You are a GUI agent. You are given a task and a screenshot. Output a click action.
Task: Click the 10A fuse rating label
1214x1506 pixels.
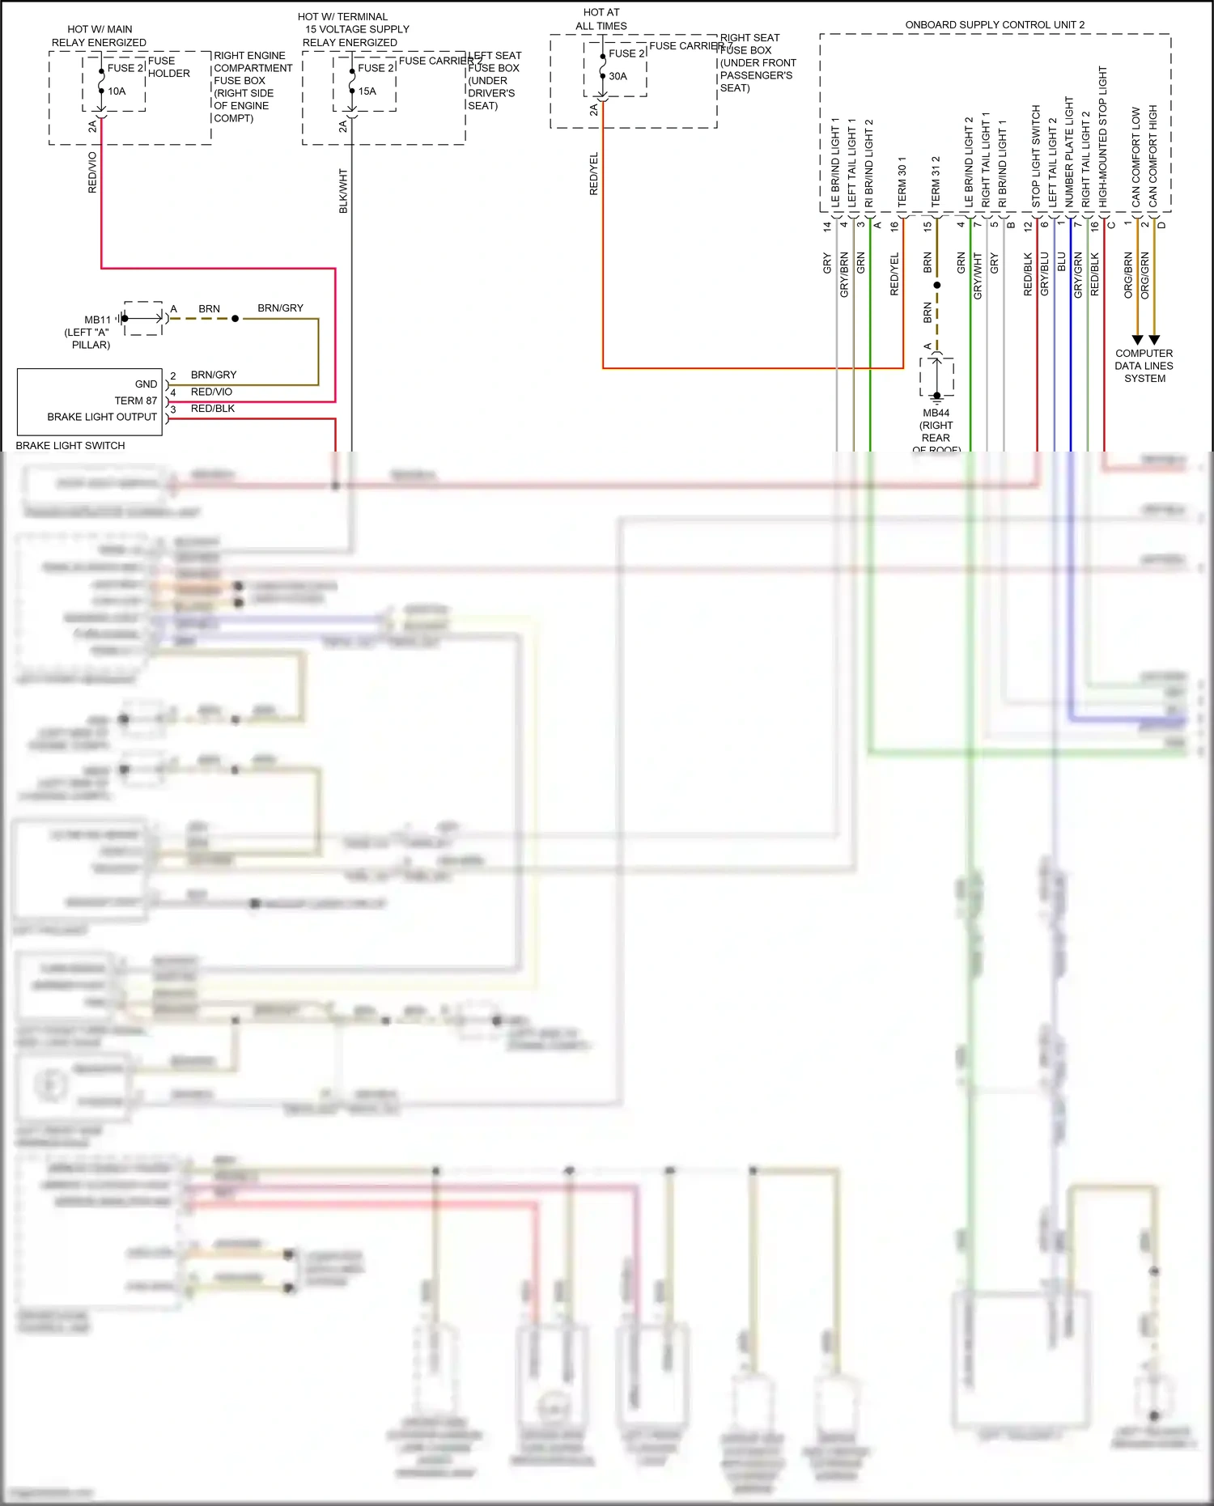point(117,91)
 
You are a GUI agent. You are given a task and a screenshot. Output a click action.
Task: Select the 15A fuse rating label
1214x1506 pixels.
point(367,91)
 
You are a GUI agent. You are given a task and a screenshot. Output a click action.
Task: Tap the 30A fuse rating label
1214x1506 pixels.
point(618,77)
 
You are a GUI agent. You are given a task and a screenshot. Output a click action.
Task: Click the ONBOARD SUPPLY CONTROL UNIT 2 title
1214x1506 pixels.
point(995,25)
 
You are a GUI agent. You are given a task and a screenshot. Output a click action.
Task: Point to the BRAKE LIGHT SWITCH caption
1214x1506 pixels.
point(70,446)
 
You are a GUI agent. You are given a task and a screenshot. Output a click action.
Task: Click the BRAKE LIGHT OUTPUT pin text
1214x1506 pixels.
point(102,418)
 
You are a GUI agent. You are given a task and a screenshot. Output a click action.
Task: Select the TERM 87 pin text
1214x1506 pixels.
point(136,401)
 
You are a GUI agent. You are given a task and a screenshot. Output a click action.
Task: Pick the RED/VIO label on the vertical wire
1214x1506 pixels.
point(92,172)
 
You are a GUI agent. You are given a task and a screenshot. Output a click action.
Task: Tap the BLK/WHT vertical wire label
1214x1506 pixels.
point(343,192)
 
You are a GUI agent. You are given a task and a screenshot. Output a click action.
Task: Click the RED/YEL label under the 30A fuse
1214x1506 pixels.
point(594,174)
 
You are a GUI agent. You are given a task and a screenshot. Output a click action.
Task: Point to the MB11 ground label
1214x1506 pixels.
point(97,320)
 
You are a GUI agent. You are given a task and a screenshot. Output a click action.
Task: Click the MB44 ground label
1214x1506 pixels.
point(936,414)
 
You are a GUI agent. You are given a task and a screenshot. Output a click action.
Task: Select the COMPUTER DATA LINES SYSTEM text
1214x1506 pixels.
point(1144,366)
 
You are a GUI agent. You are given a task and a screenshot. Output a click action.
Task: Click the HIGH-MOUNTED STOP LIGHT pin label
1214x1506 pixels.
point(1103,136)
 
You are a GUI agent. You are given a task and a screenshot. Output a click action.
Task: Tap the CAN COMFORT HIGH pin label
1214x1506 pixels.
point(1153,155)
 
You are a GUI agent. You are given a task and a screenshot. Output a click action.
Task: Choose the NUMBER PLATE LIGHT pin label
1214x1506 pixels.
point(1069,151)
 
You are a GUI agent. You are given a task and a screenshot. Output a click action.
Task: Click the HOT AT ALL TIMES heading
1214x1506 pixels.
point(601,19)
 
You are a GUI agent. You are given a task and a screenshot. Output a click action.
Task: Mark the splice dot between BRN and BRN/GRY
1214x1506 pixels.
point(236,319)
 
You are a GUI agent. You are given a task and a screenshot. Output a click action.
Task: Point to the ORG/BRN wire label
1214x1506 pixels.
point(1128,275)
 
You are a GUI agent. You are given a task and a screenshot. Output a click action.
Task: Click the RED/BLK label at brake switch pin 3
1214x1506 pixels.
point(213,409)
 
